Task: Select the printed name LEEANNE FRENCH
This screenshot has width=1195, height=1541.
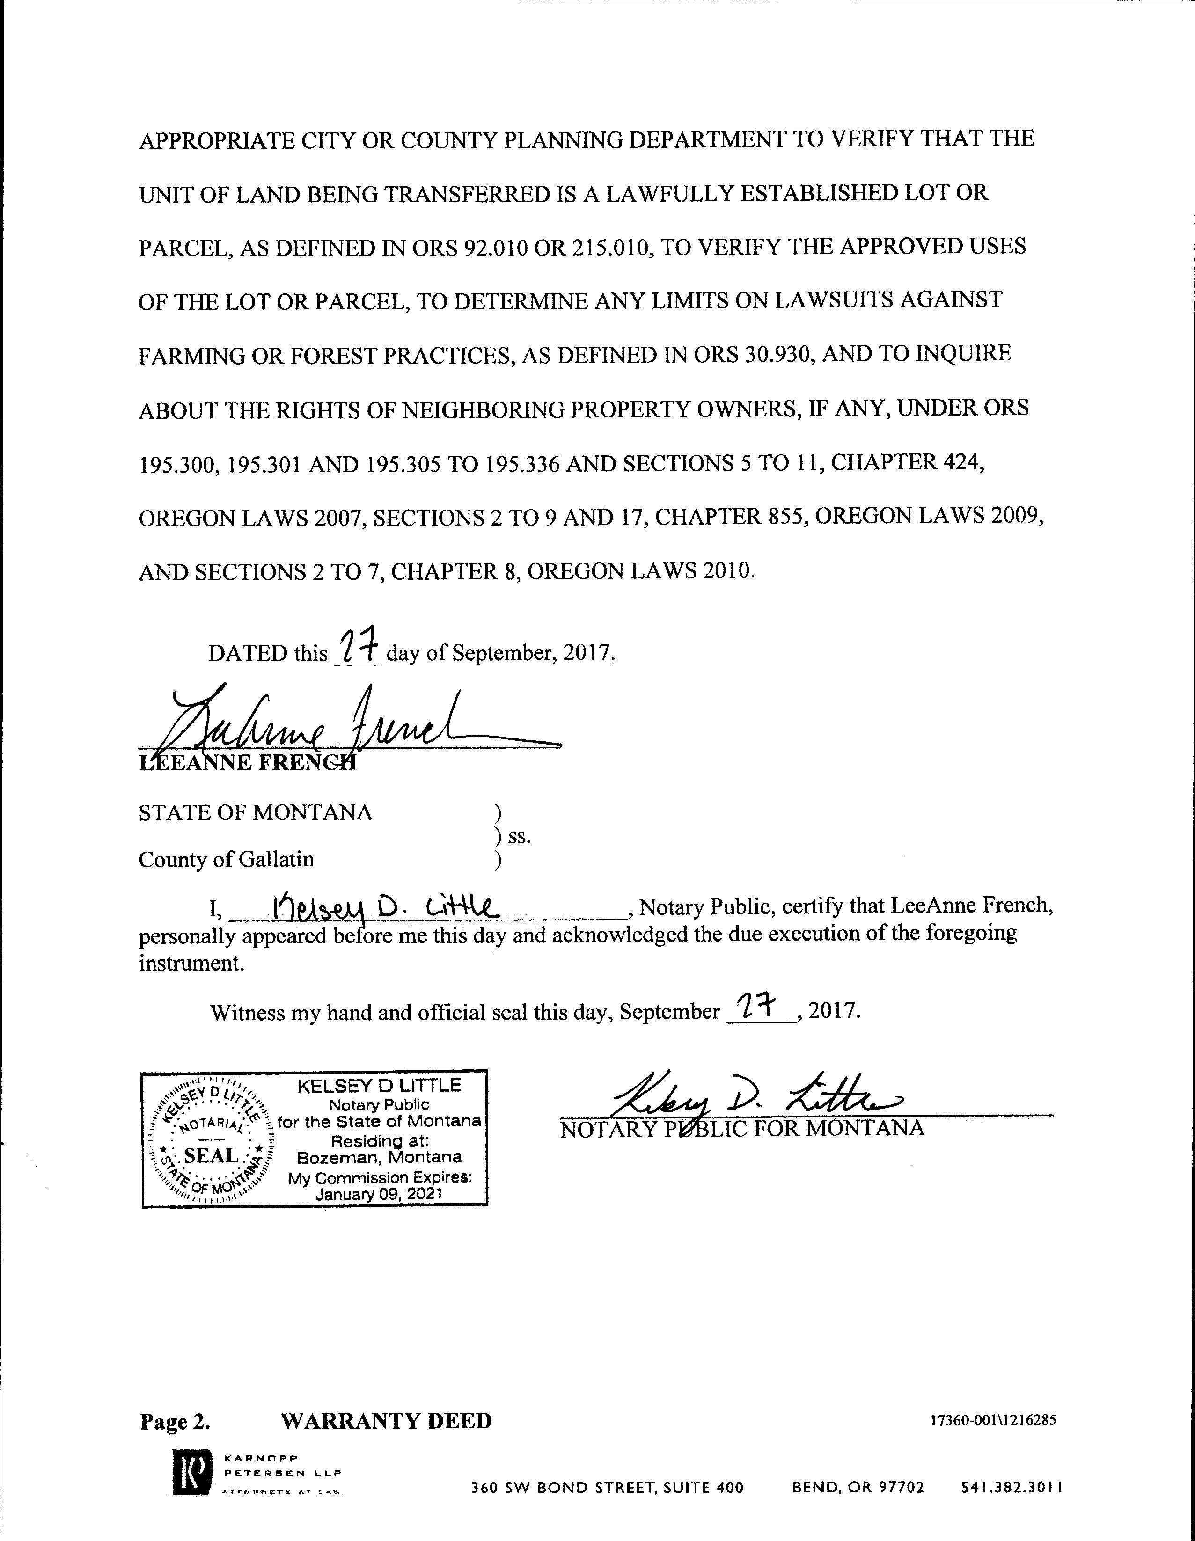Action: point(247,763)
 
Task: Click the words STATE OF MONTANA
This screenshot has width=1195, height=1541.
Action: point(255,813)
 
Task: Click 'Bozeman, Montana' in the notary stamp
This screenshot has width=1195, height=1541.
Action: point(379,1157)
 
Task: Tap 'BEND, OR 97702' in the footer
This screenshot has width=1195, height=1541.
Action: point(858,1487)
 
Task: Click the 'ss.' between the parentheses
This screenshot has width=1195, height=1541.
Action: point(519,837)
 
